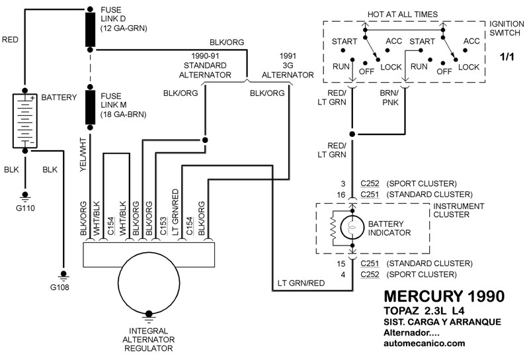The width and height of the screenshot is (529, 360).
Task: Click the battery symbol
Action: (x=25, y=121)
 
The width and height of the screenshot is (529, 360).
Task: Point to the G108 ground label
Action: (x=63, y=287)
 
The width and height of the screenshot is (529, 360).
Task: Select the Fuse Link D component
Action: (x=89, y=28)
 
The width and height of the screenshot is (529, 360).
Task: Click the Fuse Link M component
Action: (x=89, y=105)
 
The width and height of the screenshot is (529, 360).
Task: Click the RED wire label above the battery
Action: (x=11, y=40)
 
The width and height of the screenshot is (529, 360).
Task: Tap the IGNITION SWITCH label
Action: (x=507, y=28)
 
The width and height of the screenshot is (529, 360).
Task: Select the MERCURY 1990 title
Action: (x=444, y=294)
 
